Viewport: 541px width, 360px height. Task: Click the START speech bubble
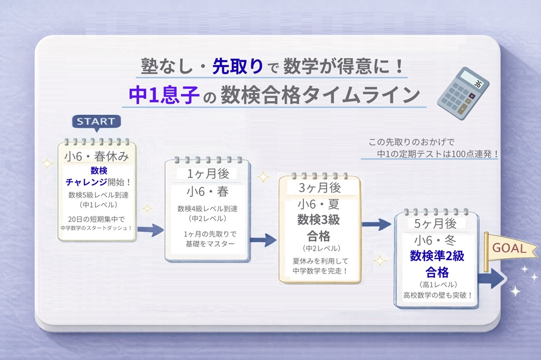96,121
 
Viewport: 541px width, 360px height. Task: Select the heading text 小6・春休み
97,157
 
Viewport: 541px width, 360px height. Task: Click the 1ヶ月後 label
208,174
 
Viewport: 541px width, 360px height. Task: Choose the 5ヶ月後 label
436,223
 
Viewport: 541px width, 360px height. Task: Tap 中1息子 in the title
163,95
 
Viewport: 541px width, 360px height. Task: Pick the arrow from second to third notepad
263,241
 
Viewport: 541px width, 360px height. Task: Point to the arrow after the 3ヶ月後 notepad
376,224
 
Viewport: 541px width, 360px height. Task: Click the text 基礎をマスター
207,244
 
